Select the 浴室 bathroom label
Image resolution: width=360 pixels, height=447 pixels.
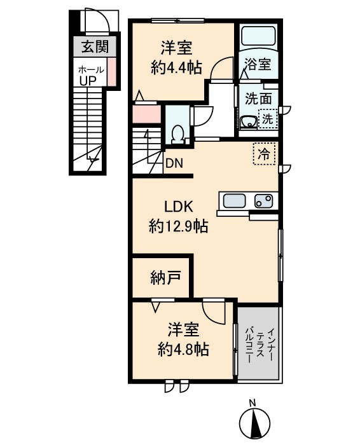(x=258, y=64)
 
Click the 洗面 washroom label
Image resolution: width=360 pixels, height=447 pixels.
(x=258, y=99)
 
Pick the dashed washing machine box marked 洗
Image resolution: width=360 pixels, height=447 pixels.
(x=268, y=118)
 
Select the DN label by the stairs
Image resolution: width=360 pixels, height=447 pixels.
(x=174, y=163)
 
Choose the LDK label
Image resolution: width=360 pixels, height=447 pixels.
(x=179, y=207)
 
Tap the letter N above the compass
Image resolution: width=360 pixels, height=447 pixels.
(x=252, y=402)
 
